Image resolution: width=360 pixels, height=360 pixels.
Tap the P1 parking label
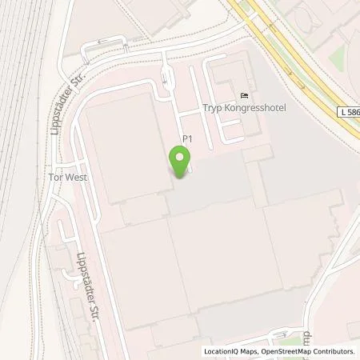tap(188, 138)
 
